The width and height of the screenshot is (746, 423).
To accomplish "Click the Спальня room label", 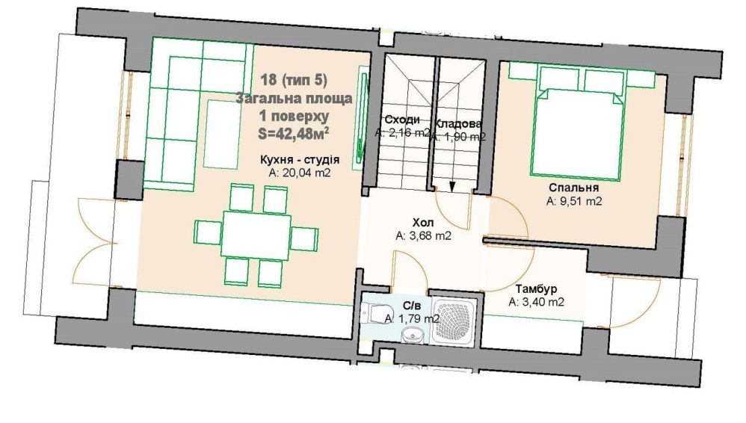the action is click(x=573, y=188).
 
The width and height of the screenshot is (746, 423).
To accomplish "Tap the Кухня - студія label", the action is click(x=300, y=159).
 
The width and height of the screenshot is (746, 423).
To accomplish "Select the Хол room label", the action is click(x=423, y=222).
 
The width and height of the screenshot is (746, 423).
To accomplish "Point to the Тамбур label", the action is click(x=536, y=288).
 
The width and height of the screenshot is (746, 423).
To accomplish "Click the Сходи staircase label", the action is click(x=402, y=120).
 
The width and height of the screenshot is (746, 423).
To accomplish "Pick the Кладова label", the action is click(x=458, y=124).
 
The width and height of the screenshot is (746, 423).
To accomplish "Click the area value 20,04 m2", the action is click(x=300, y=172).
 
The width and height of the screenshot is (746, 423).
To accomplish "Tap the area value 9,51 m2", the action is click(x=574, y=201).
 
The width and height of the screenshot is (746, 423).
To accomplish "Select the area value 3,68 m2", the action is click(x=423, y=235).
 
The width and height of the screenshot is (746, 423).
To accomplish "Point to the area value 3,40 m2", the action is click(x=536, y=302).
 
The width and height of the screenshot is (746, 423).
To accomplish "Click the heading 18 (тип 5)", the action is click(x=294, y=80).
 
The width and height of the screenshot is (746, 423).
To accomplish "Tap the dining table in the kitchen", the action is click(x=256, y=236).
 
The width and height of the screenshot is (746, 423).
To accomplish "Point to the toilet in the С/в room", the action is click(x=376, y=314).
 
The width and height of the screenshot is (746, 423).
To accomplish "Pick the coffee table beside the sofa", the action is click(x=222, y=135).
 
